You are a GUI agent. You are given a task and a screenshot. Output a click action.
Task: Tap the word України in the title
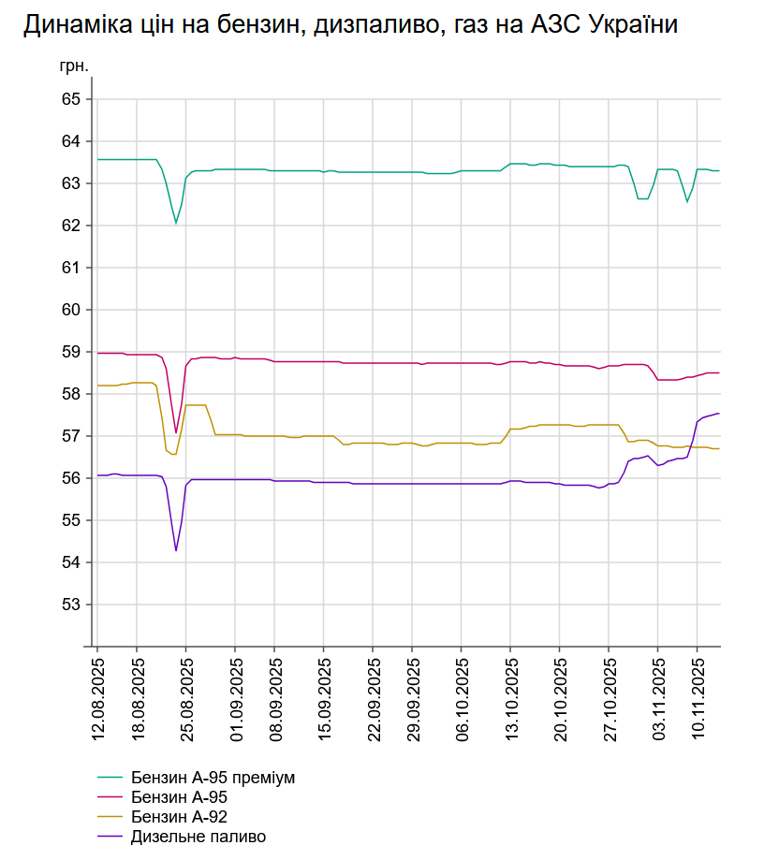click(x=631, y=26)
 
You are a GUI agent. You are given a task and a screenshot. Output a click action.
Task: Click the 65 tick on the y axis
click(x=71, y=99)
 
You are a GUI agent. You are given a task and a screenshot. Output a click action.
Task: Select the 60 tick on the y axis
click(x=71, y=310)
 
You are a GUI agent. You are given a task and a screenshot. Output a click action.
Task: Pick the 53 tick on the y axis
click(x=71, y=605)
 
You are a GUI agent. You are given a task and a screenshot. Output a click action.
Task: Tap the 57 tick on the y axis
click(x=71, y=436)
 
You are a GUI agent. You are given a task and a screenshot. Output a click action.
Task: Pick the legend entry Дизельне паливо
click(x=198, y=837)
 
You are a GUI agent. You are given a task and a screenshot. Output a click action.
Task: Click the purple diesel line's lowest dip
click(x=176, y=550)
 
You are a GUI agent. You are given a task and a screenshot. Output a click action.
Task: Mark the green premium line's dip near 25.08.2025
click(x=176, y=223)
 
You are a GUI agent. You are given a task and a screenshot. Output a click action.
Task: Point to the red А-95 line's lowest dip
click(x=176, y=432)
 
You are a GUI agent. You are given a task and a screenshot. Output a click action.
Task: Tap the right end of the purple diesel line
click(x=718, y=414)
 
